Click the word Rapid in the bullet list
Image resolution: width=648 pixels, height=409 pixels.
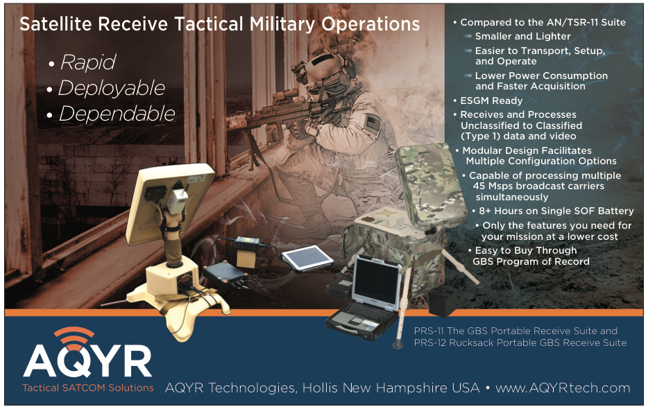pyautogui.click(x=88, y=62)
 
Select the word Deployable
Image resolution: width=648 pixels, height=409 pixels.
pyautogui.click(x=112, y=88)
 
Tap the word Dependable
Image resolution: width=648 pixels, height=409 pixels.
pyautogui.click(x=117, y=114)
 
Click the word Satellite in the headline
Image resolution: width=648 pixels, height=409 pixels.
pyautogui.click(x=56, y=24)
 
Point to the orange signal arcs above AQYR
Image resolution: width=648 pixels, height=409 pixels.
pyautogui.click(x=74, y=337)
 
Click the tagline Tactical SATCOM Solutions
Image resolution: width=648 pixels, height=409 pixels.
pyautogui.click(x=88, y=388)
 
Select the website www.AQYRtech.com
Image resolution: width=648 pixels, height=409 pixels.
pyautogui.click(x=563, y=388)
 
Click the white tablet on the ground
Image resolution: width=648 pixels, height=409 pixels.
pyautogui.click(x=307, y=259)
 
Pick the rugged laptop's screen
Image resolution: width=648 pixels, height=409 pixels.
pyautogui.click(x=377, y=281)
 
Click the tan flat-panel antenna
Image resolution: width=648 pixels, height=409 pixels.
pyautogui.click(x=169, y=202)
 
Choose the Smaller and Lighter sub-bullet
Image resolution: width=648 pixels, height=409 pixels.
pyautogui.click(x=523, y=36)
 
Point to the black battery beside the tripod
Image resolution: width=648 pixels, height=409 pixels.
pyautogui.click(x=442, y=301)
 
